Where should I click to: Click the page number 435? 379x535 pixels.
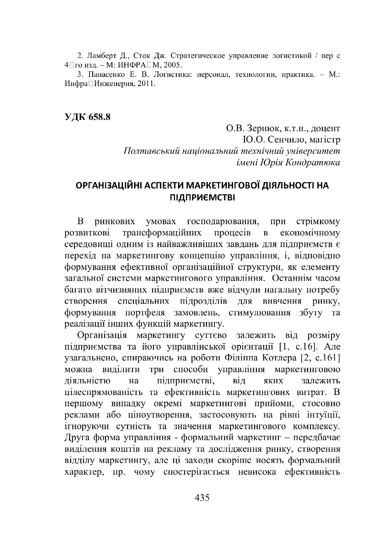coord(202,498)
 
